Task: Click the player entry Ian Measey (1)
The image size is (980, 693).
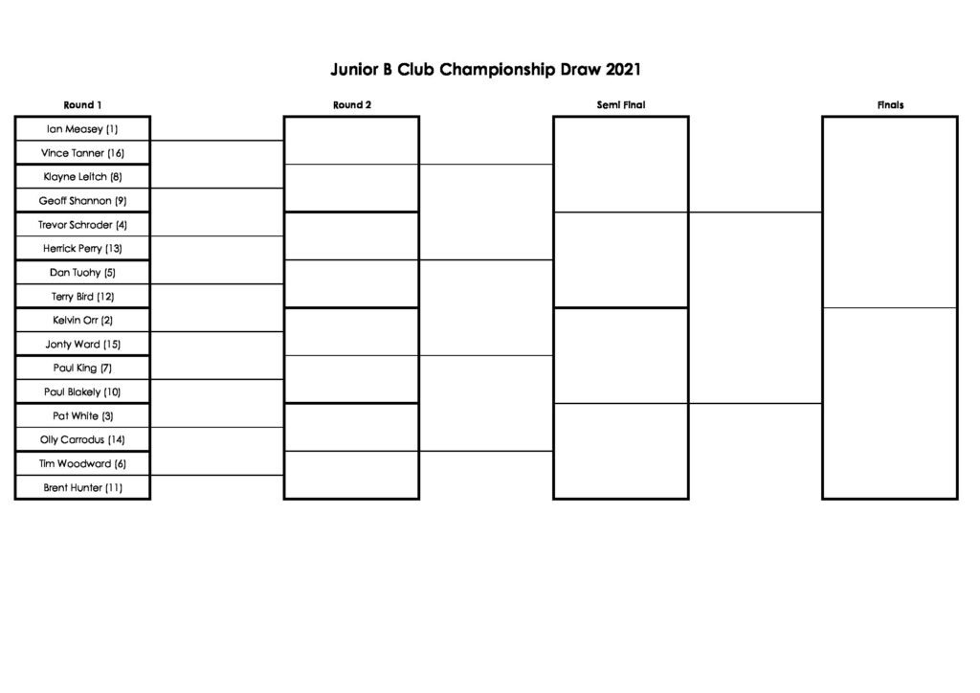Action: pos(82,129)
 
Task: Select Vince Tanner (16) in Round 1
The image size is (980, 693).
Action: pos(82,153)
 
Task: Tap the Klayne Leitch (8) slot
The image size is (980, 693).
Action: pos(82,177)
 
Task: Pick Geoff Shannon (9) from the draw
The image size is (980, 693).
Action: pos(82,201)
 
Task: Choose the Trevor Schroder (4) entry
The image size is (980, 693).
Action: pos(82,225)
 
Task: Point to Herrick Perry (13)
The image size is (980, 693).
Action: pos(82,249)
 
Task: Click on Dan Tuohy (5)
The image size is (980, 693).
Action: pos(82,273)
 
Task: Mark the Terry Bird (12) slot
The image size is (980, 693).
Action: pos(82,297)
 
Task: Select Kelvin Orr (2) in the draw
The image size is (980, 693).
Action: pos(82,321)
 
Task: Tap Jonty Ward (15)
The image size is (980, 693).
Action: pos(82,345)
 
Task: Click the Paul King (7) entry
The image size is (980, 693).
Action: pos(82,369)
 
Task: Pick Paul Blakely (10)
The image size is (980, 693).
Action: pos(82,392)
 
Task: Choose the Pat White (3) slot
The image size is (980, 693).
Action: pos(82,416)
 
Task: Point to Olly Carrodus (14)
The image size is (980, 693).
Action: pos(82,440)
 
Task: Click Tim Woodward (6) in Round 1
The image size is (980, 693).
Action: pos(82,463)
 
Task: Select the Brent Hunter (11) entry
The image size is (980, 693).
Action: pos(82,488)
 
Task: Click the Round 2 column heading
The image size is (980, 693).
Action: pos(352,105)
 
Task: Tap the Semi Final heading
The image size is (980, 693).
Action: pos(620,105)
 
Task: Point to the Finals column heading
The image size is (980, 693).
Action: pos(890,105)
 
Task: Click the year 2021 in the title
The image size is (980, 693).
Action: pos(623,69)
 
